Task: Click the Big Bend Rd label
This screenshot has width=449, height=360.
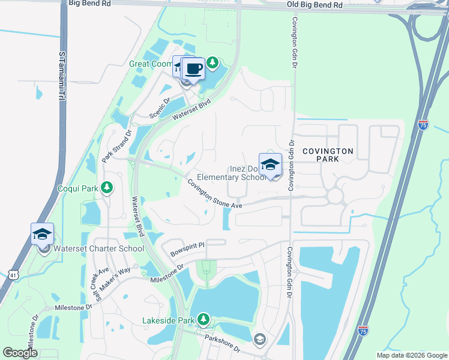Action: [90, 4]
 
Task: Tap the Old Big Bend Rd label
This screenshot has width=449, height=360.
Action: [315, 5]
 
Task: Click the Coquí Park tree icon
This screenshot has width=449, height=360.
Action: [107, 188]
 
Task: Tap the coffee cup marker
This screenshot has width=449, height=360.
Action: [193, 68]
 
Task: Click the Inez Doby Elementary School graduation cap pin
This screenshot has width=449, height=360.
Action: [270, 165]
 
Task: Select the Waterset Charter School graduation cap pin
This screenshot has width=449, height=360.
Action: [42, 235]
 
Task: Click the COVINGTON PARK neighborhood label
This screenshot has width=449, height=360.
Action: [328, 155]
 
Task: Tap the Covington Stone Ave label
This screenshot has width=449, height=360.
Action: [214, 194]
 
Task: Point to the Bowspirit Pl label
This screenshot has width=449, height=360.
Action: [187, 246]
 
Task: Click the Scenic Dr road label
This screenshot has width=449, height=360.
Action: [161, 109]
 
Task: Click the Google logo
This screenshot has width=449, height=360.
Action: [20, 353]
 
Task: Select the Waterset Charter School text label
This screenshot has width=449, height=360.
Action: [99, 248]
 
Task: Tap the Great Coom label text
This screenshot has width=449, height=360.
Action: [150, 64]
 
